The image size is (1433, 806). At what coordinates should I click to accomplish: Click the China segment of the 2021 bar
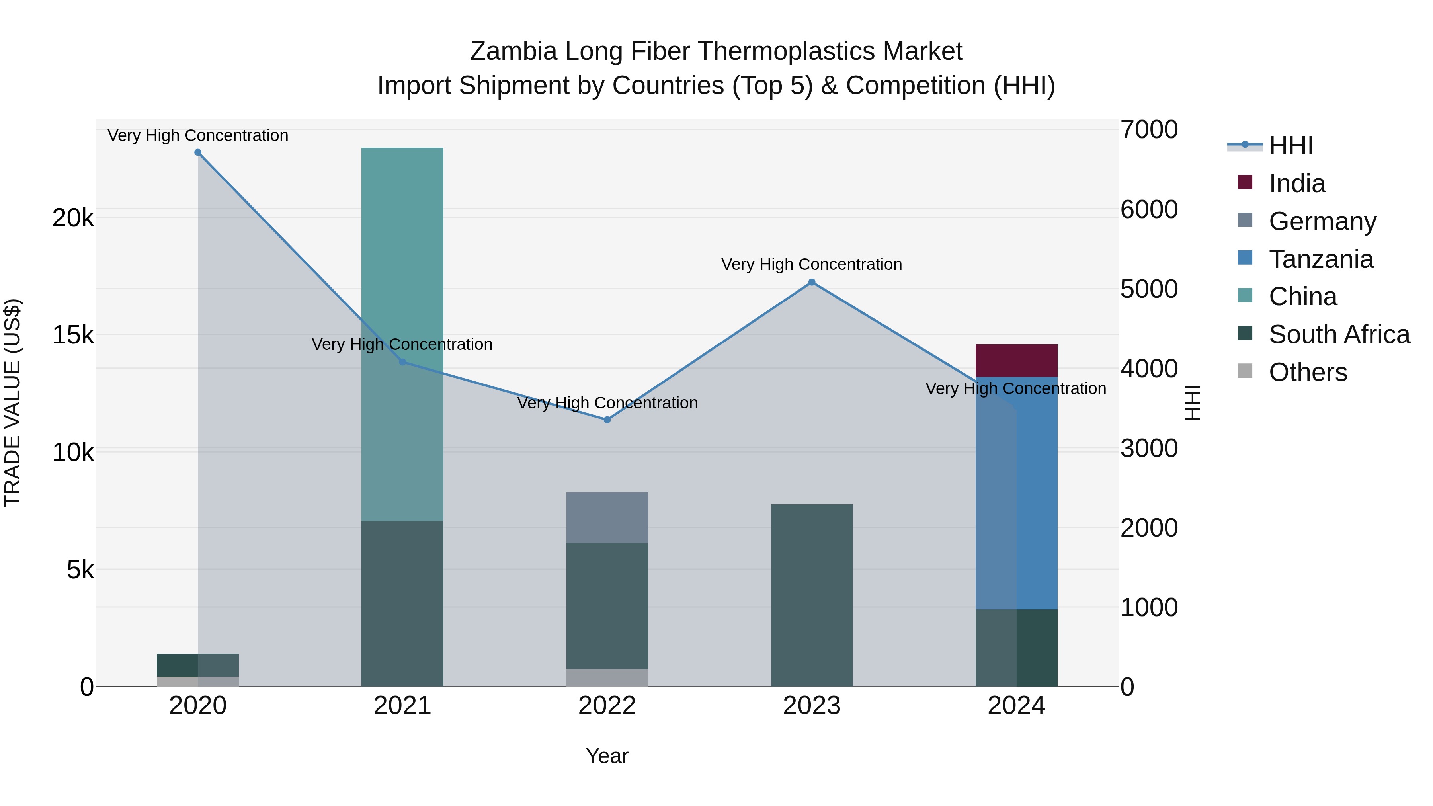coord(402,334)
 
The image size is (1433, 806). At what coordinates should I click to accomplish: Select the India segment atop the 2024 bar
coord(1016,361)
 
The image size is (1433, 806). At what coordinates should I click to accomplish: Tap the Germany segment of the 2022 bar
coord(607,517)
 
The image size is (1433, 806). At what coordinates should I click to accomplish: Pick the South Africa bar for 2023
coord(812,595)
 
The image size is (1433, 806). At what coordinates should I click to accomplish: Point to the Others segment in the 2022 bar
coord(607,677)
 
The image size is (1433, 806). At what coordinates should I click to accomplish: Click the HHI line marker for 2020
coord(198,152)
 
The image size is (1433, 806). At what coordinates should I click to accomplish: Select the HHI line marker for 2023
coord(812,283)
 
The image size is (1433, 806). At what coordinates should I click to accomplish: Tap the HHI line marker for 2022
coord(607,420)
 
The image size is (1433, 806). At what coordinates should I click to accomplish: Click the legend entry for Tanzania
coord(1321,259)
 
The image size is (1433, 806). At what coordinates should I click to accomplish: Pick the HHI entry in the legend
coord(1290,146)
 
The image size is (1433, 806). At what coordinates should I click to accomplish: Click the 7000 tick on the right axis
coord(1149,130)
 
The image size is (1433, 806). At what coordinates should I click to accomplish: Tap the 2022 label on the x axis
coord(607,706)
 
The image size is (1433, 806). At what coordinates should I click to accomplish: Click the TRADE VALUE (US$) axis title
coord(12,403)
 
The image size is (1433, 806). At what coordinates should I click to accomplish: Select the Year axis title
coord(607,756)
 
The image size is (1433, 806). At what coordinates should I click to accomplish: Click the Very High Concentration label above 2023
coord(812,264)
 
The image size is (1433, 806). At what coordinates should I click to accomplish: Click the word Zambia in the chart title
coord(513,51)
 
